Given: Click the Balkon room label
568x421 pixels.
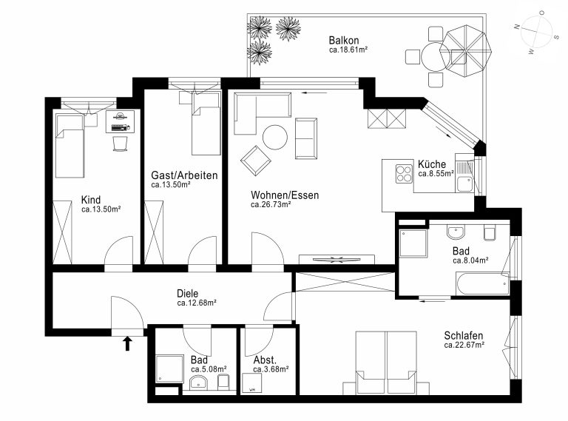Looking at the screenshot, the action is click(x=344, y=40).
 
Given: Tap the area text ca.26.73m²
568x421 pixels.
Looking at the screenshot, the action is click(x=271, y=204).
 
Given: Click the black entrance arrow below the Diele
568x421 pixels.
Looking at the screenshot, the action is click(x=127, y=343).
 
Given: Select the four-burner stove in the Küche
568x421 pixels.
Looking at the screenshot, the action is click(x=404, y=174).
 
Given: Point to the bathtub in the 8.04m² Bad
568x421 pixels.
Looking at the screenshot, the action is click(x=483, y=283).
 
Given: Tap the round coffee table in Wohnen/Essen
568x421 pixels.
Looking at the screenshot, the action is click(x=275, y=137).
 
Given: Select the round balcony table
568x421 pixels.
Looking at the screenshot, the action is click(x=436, y=57).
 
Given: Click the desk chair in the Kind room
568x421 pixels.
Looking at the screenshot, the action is click(x=121, y=144).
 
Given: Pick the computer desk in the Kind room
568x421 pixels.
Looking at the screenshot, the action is click(x=120, y=121).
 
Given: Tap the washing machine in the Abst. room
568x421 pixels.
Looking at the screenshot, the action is click(x=251, y=383).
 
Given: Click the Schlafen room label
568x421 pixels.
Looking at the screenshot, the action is click(x=463, y=335).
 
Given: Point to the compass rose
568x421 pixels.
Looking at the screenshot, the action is click(x=536, y=32).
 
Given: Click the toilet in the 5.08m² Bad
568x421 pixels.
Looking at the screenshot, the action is click(x=223, y=382).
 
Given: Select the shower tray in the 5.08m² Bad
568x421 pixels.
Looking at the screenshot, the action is click(x=169, y=368).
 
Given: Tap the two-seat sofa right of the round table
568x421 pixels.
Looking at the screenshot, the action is click(x=306, y=138).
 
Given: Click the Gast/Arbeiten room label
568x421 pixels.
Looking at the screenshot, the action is click(x=184, y=175).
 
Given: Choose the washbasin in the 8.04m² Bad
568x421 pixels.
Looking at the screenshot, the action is click(x=456, y=232).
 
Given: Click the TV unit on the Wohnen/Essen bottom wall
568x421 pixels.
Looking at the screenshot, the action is click(x=337, y=260).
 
